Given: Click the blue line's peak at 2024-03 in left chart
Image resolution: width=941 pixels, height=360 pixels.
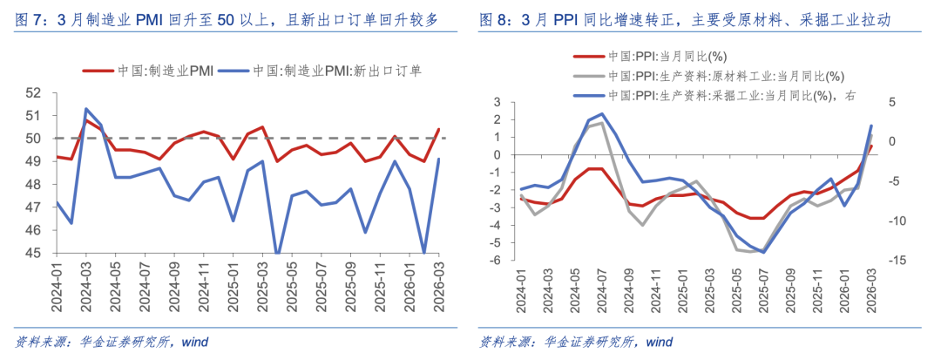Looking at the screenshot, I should pyautogui.click(x=86, y=109).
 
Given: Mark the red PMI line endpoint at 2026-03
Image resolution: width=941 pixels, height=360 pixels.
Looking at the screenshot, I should pyautogui.click(x=437, y=129).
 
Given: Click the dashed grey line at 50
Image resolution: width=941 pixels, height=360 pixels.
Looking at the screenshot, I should pyautogui.click(x=261, y=138).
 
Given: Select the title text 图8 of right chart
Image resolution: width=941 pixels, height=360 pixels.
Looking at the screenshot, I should pyautogui.click(x=496, y=18).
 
